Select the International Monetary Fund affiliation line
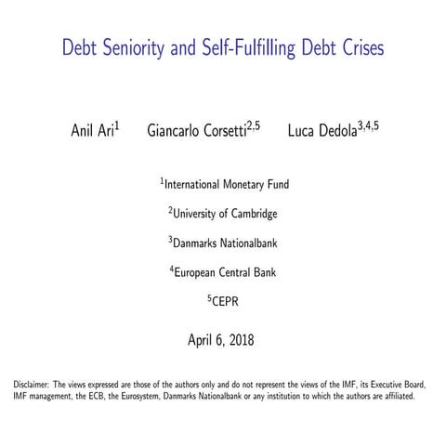tap(224, 184)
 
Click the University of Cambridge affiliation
tap(224, 214)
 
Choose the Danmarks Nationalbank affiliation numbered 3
tap(224, 243)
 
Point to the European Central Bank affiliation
tap(224, 273)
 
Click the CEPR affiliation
tap(224, 302)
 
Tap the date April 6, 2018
tap(223, 339)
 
